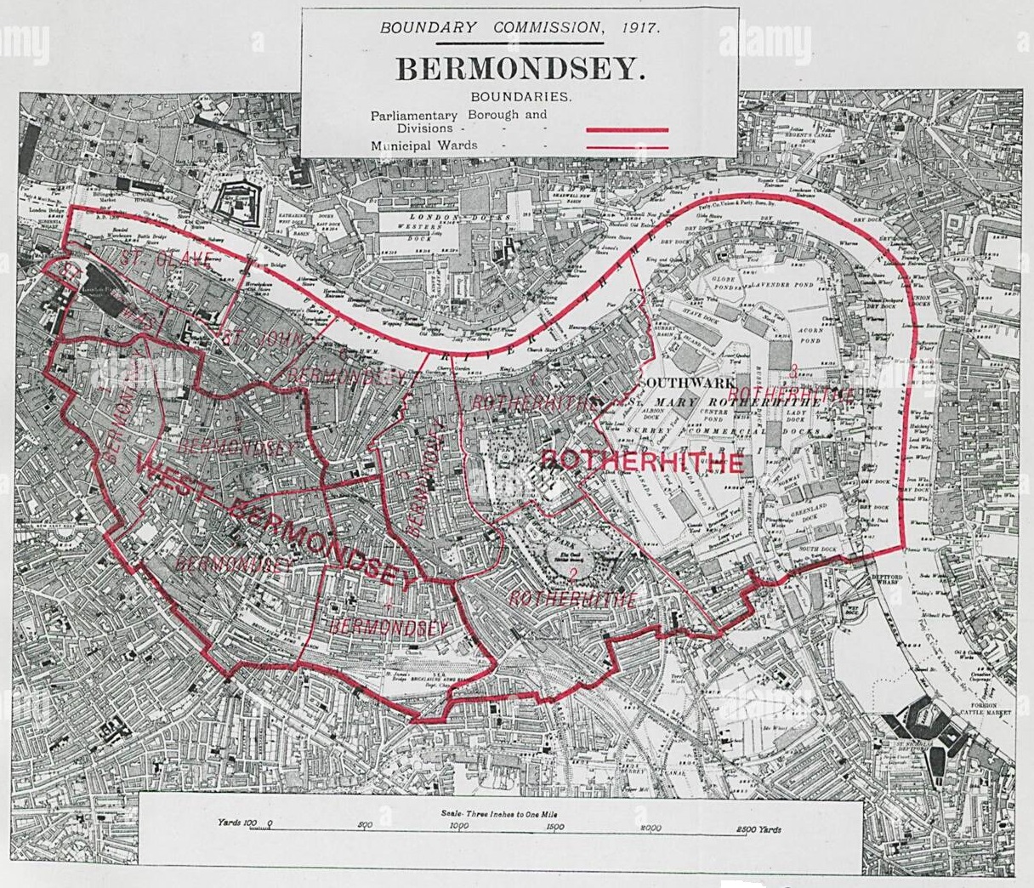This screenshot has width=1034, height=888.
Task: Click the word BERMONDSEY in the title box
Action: point(518,69)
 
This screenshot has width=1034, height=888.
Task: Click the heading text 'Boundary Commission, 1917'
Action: point(519,27)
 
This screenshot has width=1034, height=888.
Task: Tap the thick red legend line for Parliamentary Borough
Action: point(628,130)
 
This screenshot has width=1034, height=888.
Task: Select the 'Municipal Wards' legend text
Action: point(423,145)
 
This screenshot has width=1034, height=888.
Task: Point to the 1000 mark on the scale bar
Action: point(458,825)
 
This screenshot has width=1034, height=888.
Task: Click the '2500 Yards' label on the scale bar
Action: point(758,829)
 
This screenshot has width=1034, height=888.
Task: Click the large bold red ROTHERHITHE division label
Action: point(642,462)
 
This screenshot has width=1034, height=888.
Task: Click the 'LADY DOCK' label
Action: point(796,414)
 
